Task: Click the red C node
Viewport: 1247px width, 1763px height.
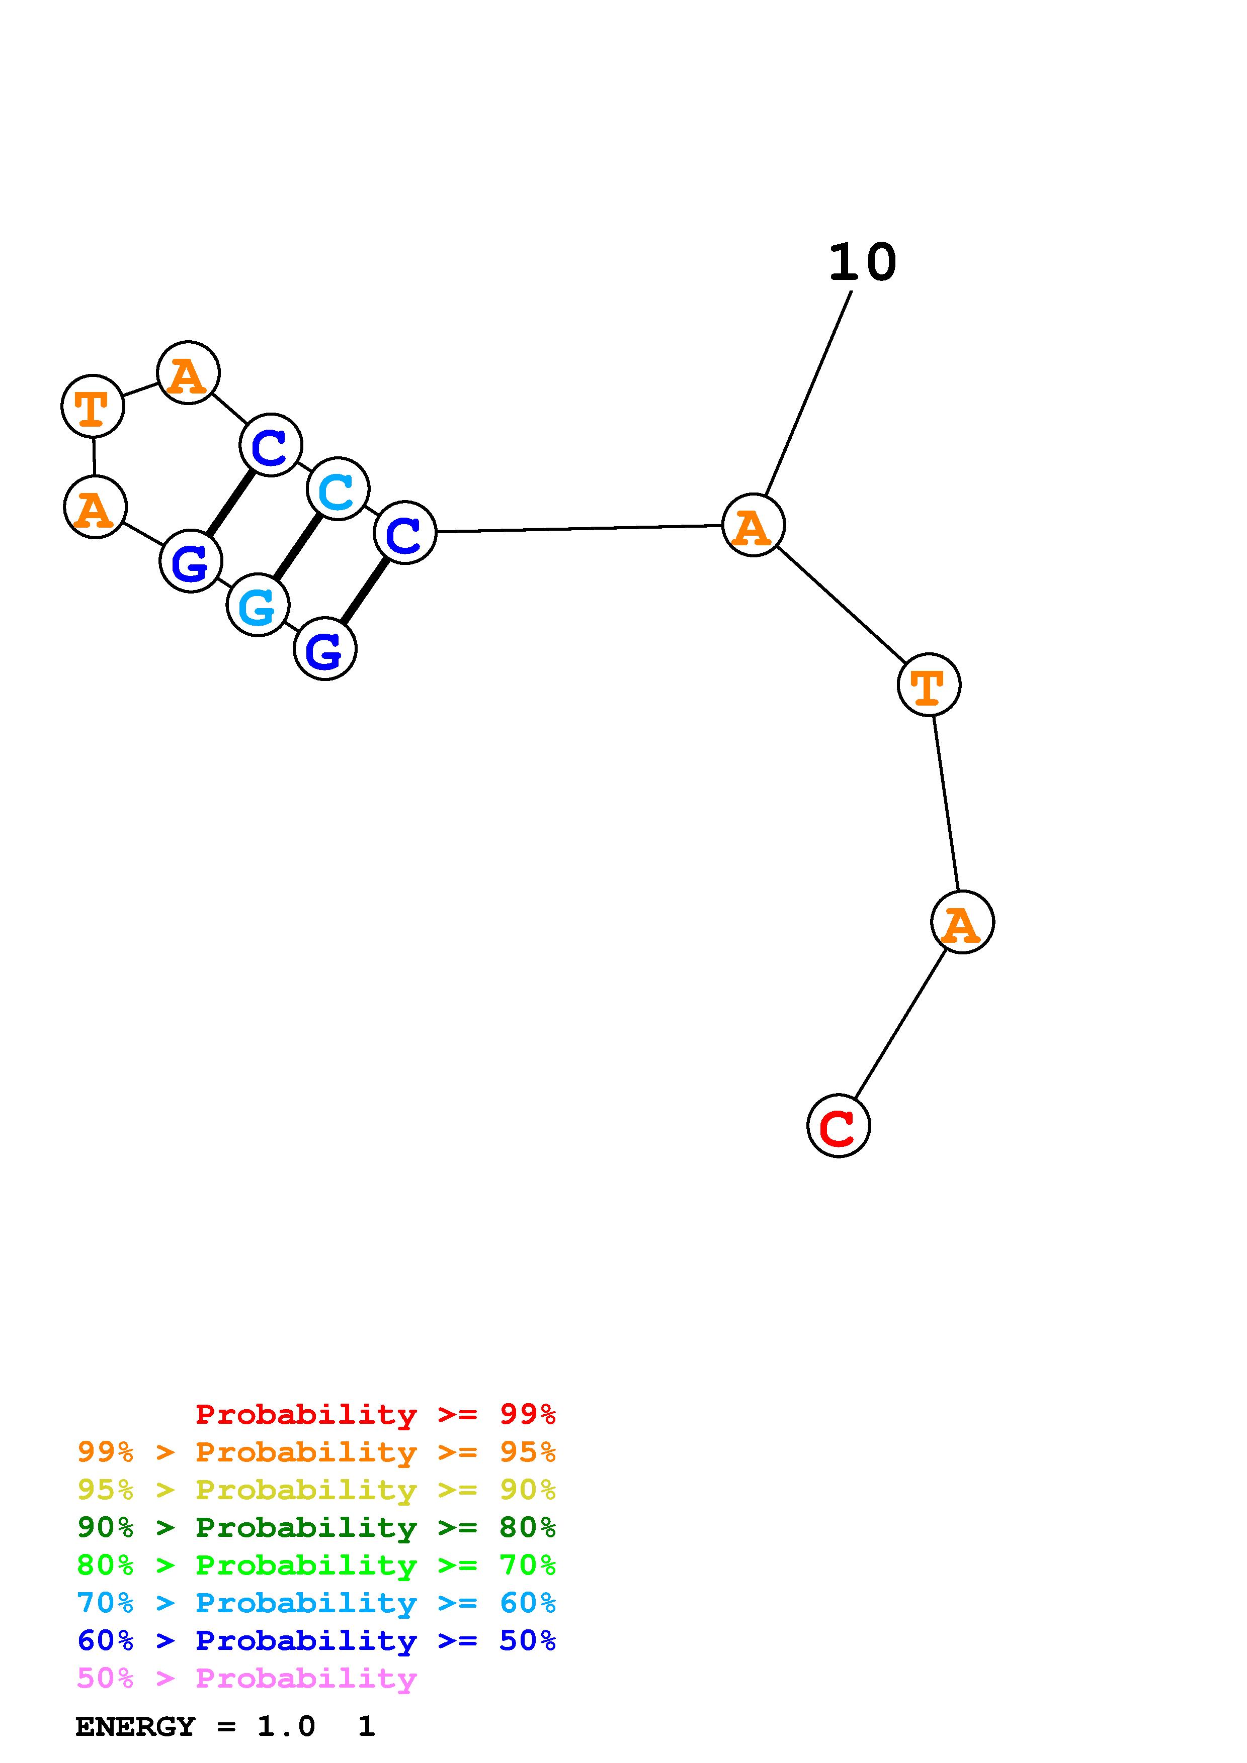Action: [838, 1126]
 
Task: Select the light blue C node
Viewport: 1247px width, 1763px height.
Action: [338, 489]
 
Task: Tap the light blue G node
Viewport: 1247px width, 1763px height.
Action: [258, 605]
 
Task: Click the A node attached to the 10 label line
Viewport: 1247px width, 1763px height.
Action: [753, 525]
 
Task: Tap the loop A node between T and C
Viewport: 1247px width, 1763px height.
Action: [188, 373]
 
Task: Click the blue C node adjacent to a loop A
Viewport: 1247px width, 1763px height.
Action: [271, 445]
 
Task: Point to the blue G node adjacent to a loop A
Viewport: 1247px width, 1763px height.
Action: [191, 561]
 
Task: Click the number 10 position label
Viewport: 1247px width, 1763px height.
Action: [862, 263]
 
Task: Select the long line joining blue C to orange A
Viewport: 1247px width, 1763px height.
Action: [579, 528]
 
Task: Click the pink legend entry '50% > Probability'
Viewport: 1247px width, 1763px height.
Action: [246, 1679]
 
